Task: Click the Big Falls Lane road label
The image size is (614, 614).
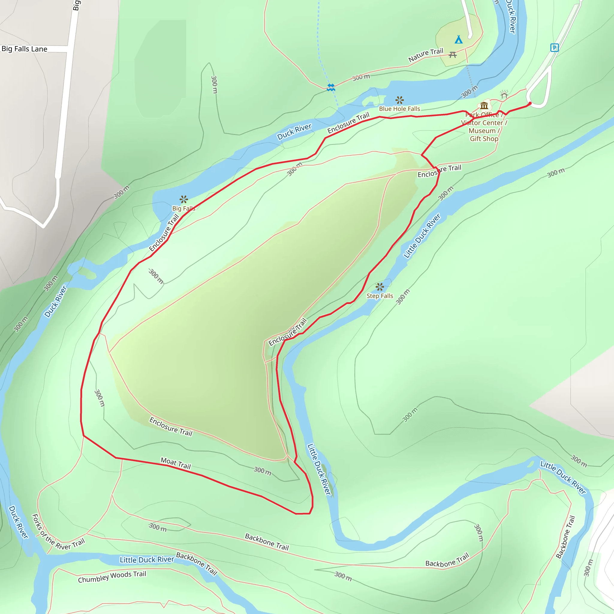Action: point(25,49)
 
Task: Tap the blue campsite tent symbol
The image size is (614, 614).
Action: point(458,40)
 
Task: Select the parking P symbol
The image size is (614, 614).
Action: point(554,48)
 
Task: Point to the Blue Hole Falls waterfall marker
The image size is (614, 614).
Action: point(399,100)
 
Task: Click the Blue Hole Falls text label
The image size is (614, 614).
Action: point(399,109)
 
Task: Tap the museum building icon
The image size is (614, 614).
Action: point(484,105)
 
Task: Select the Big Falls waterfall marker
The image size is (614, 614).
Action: point(184,199)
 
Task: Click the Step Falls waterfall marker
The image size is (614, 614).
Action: point(380,287)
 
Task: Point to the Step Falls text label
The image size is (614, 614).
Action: point(380,296)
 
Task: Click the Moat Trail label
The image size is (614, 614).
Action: point(176,463)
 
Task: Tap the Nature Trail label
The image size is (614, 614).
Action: point(425,55)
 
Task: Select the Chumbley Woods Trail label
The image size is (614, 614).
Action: point(112,577)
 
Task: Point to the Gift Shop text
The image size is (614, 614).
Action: point(484,139)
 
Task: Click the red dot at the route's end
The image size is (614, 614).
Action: point(530,103)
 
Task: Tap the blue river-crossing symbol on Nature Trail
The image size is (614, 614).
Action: point(331,88)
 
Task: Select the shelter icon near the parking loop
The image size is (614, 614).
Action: point(504,94)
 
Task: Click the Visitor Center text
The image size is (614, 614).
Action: point(482,123)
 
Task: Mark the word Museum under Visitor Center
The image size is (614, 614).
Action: point(482,131)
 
